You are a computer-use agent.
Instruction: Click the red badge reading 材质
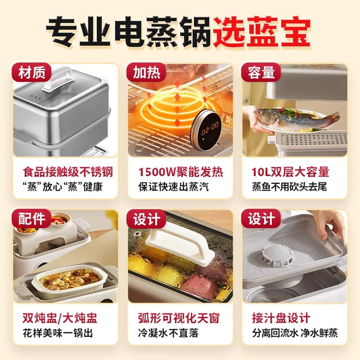pos(31,73)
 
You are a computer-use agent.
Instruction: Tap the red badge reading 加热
pos(146,73)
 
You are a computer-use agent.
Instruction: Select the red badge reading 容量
pos(261,73)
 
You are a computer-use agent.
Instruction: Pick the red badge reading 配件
pos(31,219)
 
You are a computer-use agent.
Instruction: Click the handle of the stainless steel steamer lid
pos(60,79)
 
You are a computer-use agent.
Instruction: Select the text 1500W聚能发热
pos(181,172)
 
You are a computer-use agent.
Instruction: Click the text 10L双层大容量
pos(290,172)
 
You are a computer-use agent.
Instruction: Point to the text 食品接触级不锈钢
pos(68,172)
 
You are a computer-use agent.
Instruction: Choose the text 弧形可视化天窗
pos(179,318)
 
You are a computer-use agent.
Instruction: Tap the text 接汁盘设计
pos(281,318)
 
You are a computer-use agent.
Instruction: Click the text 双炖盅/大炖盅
pos(60,318)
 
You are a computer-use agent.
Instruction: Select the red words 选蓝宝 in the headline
pos(262,31)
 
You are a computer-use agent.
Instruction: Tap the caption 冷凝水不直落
pos(168,333)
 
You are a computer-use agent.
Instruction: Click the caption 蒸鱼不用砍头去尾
pos(289,187)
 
